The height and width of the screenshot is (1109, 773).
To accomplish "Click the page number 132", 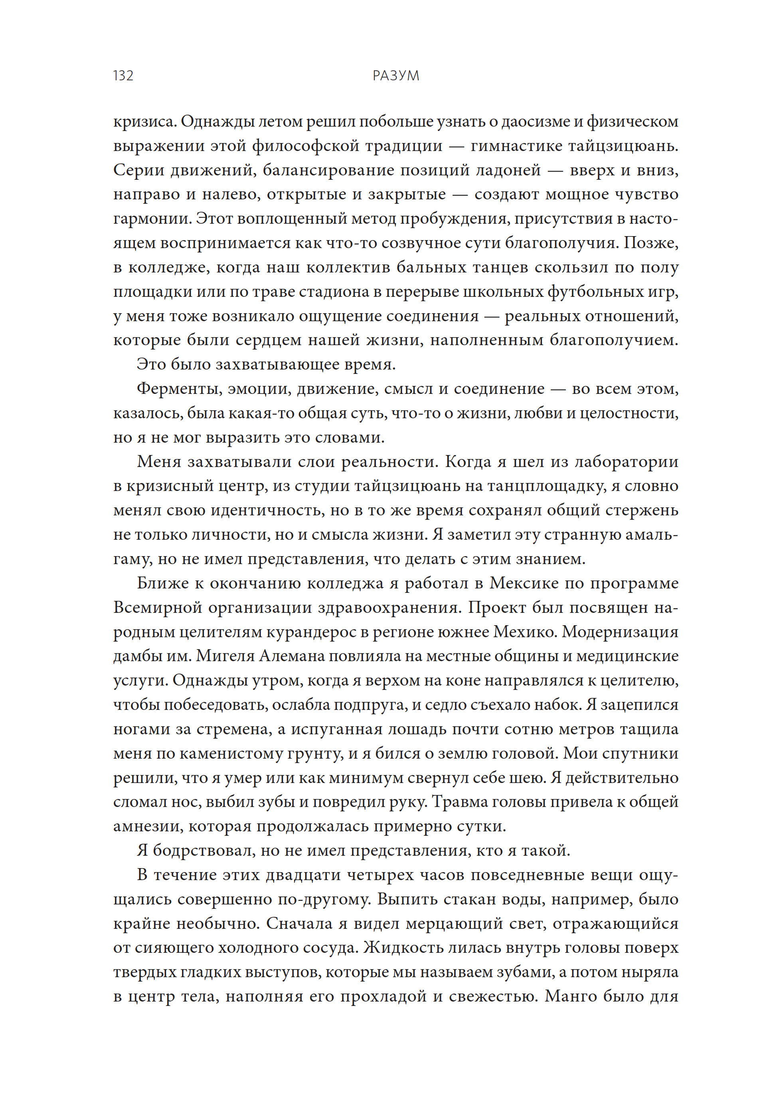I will [x=123, y=76].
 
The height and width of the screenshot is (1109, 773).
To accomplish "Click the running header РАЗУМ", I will [x=395, y=76].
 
